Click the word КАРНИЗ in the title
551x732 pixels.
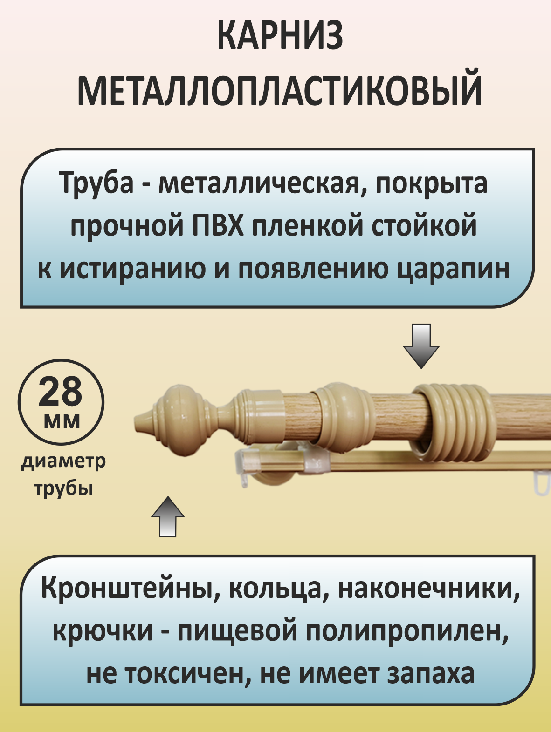click(280, 36)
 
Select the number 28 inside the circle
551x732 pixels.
click(61, 392)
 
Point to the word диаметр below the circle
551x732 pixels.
click(63, 461)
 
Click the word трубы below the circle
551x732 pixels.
click(63, 488)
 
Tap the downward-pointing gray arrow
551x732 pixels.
click(421, 347)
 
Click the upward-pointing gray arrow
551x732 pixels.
click(168, 517)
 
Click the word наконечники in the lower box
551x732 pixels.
click(428, 588)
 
